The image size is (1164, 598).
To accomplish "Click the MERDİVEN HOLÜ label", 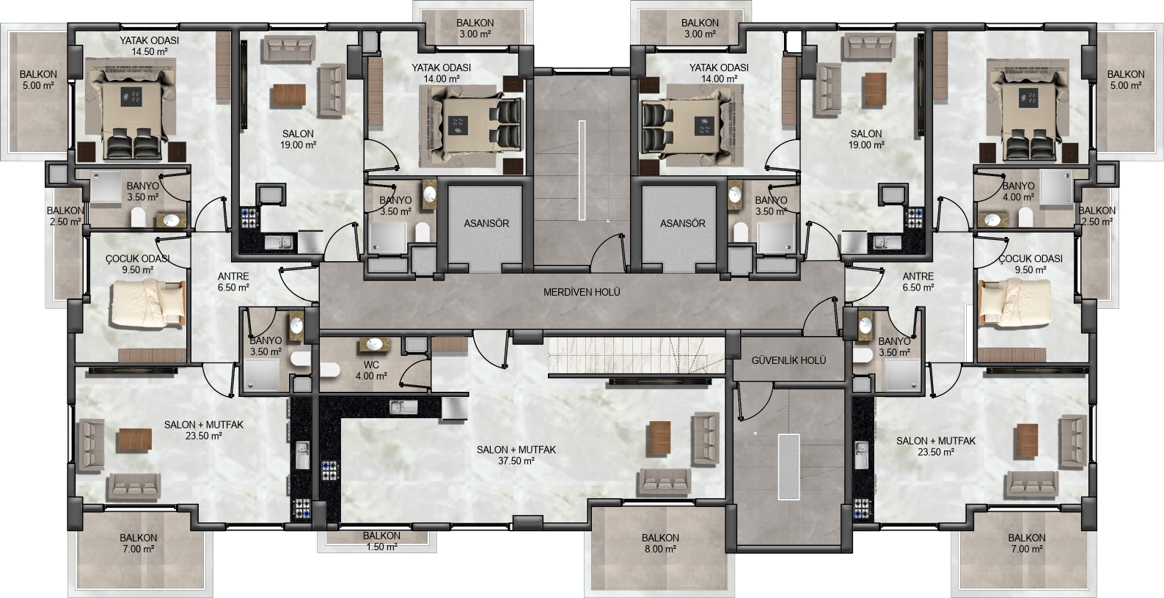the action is point(582,292).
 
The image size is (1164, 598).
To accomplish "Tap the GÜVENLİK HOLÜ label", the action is point(788,360).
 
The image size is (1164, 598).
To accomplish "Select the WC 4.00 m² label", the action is point(371,371).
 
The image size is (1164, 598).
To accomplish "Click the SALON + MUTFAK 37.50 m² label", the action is point(516,455).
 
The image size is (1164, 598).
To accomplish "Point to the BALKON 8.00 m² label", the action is point(660,543).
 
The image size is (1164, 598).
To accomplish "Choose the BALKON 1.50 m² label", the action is point(381,541).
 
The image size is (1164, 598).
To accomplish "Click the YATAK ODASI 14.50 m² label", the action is point(149,45).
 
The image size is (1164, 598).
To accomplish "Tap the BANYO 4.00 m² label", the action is point(1018,192).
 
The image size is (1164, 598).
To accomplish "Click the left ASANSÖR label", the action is point(486,224).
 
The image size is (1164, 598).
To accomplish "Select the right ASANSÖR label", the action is point(682,224).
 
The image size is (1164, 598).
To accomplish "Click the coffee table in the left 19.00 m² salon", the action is point(290,95).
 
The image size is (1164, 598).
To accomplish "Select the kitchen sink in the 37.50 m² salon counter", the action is point(403,407).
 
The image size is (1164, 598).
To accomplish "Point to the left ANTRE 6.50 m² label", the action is point(233,281).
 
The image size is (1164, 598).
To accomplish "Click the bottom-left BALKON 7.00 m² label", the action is point(138,543).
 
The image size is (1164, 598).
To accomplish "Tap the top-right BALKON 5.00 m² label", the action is point(1126,79).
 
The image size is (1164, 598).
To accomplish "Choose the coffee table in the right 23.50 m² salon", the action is point(1028,440).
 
